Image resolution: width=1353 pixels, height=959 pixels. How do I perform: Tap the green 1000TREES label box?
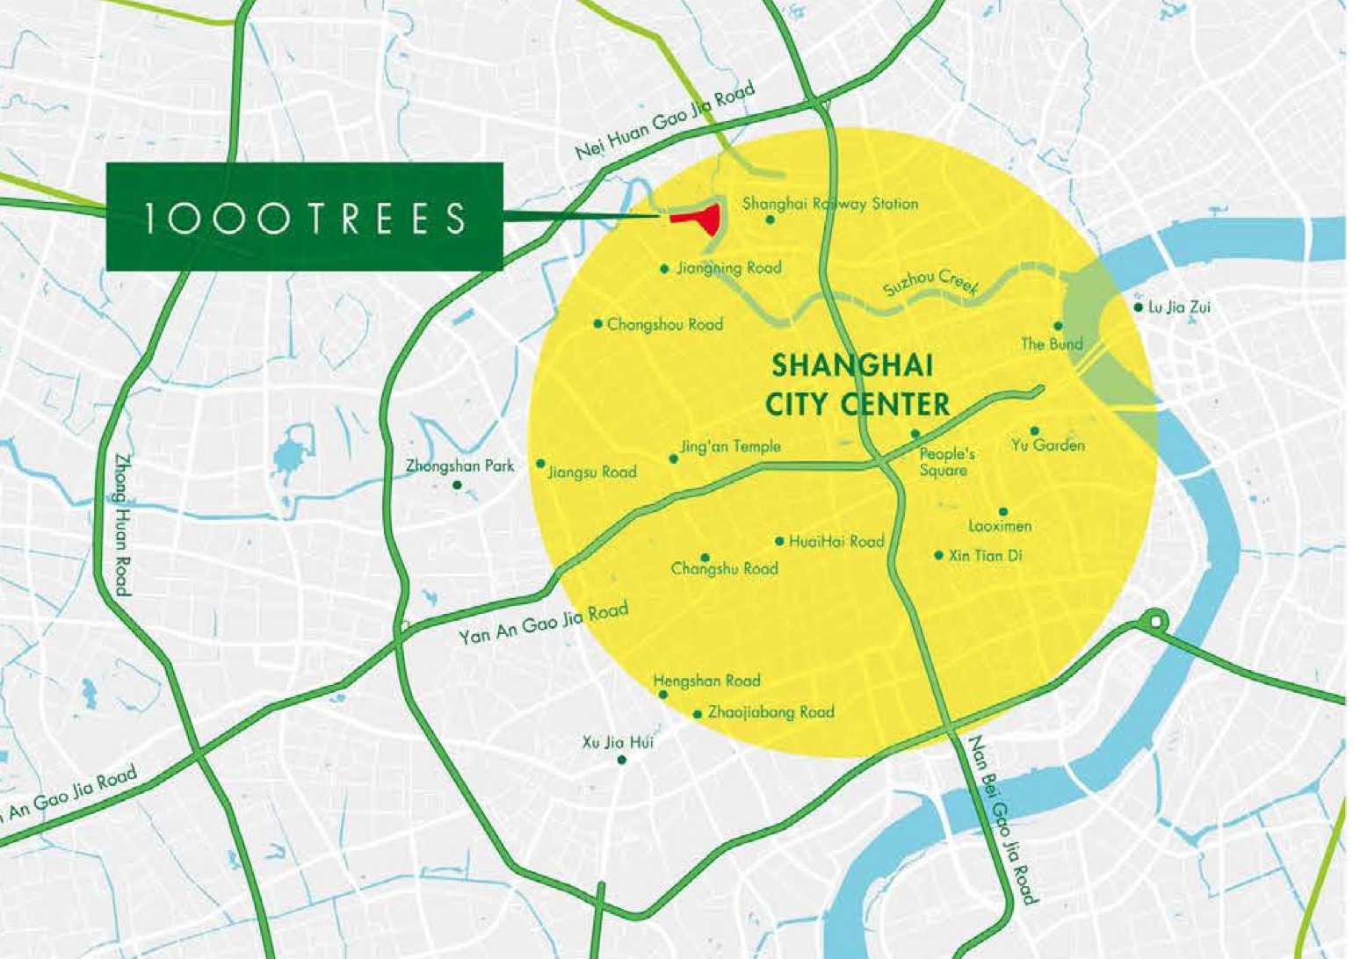point(304,216)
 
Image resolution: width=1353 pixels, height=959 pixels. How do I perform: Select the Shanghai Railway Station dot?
point(771,220)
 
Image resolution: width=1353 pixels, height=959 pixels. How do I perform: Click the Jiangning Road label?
point(728,268)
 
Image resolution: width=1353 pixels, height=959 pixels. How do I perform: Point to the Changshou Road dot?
point(598,324)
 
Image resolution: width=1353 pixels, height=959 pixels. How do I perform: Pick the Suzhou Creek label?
point(931,282)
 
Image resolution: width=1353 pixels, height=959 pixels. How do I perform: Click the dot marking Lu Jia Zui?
point(1139,307)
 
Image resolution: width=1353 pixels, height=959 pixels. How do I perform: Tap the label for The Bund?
point(1052,343)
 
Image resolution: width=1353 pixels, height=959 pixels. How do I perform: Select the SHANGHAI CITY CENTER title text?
point(857,385)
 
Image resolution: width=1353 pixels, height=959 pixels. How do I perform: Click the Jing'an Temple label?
point(730,447)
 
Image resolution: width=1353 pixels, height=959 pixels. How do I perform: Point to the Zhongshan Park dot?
point(457,485)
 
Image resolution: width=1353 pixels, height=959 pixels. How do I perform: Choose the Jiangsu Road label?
point(592,472)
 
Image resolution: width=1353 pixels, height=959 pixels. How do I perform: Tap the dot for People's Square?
point(915,434)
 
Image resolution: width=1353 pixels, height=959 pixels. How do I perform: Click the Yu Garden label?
point(1047,445)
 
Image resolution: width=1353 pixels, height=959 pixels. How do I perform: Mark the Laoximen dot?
point(1003,512)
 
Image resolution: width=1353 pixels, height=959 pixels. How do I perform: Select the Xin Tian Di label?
point(985,556)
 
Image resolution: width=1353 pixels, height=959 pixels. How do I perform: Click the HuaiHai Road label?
point(836,542)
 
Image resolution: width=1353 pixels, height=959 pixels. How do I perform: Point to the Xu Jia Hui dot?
point(622,760)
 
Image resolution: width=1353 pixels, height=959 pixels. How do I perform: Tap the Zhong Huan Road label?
point(123,524)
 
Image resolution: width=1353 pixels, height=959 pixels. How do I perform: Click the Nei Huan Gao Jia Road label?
point(665,123)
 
